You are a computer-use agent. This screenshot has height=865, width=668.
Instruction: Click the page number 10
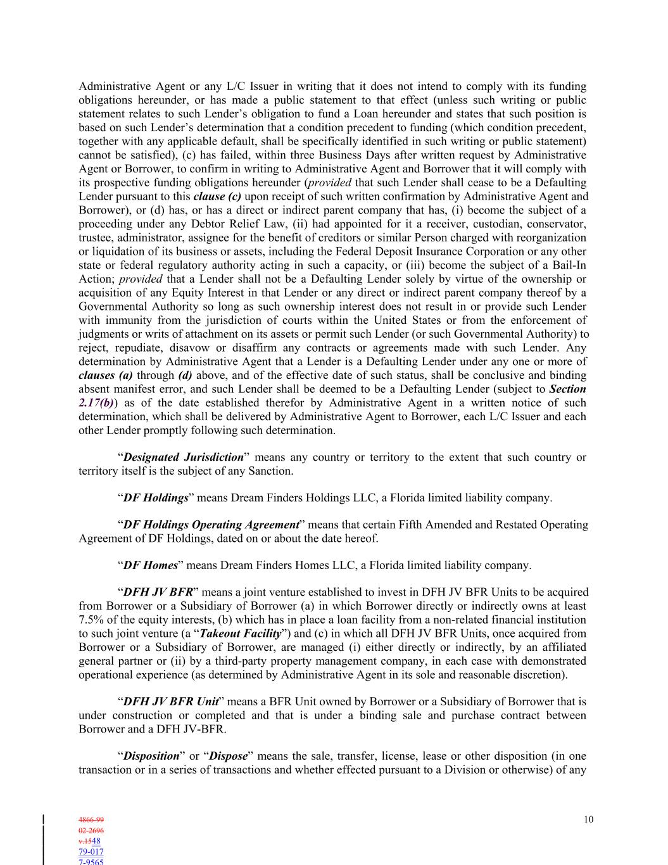pyautogui.click(x=588, y=819)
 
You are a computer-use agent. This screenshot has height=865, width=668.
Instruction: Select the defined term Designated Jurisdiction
pyautogui.click(x=184, y=457)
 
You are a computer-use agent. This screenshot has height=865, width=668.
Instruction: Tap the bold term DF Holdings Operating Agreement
pyautogui.click(x=211, y=525)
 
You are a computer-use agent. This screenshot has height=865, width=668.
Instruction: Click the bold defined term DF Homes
pyautogui.click(x=150, y=565)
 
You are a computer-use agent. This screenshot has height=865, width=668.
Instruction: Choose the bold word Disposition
pyautogui.click(x=151, y=756)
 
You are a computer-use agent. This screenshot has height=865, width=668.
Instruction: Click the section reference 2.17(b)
pyautogui.click(x=95, y=402)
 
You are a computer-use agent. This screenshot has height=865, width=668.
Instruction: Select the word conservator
pyautogui.click(x=557, y=224)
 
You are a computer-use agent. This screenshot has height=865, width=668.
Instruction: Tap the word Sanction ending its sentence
pyautogui.click(x=270, y=471)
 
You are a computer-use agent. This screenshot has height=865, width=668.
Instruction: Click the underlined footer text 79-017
pyautogui.click(x=91, y=852)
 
